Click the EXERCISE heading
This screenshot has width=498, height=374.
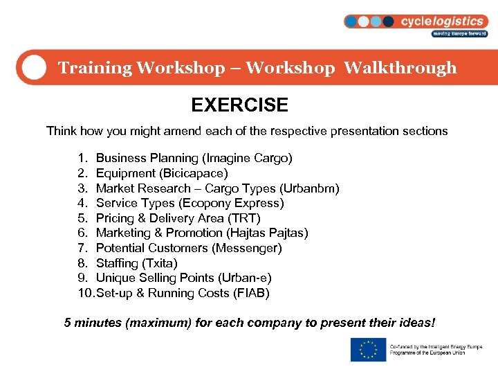point(239,105)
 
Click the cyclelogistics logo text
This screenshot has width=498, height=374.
point(443,21)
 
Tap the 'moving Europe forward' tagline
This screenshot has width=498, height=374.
point(459,34)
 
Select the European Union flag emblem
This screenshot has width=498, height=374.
point(368,350)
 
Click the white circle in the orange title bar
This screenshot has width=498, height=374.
point(33,67)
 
